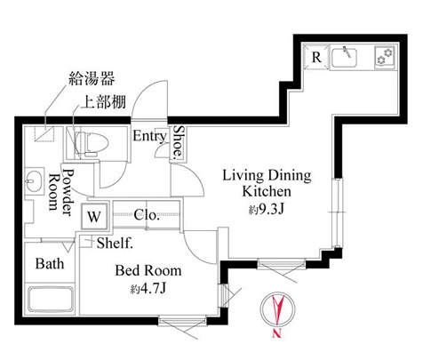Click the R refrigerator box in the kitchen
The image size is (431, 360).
pyautogui.click(x=316, y=57)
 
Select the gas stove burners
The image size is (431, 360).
pyautogui.click(x=385, y=57)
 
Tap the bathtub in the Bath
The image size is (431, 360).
pyautogui.click(x=50, y=300)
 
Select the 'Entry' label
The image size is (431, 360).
pyautogui.click(x=149, y=136)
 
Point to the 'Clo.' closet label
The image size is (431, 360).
pyautogui.click(x=148, y=214)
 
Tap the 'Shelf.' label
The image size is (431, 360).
pyautogui.click(x=116, y=243)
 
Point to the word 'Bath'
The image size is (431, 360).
pyautogui.click(x=49, y=264)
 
